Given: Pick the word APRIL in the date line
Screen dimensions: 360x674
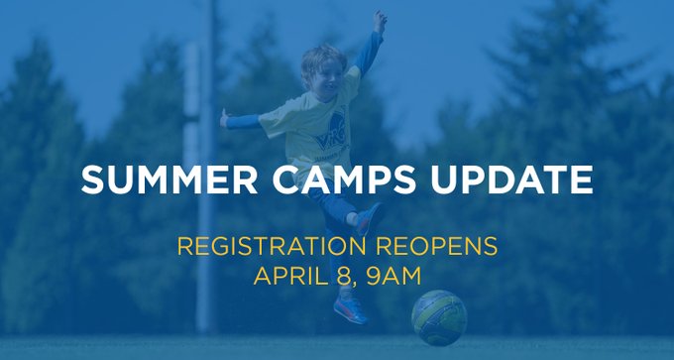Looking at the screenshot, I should coord(288,275).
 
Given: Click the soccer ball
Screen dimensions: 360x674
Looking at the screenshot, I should coord(439,317).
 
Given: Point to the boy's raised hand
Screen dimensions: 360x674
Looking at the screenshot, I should coord(380,21).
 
